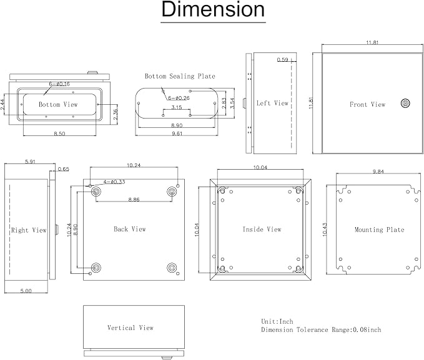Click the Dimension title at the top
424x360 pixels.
coord(213,9)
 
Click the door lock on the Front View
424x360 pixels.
coord(405,103)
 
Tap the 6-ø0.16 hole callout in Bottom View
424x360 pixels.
coord(59,84)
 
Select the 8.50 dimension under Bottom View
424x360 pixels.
coord(59,134)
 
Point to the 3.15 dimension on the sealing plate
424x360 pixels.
coord(177,107)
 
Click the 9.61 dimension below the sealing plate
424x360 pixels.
coord(177,134)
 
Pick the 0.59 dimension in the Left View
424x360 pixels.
coord(283,59)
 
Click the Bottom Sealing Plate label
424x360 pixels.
coord(180,76)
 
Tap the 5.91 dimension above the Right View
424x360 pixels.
coord(30,162)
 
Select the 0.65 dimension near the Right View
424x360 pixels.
coord(64,169)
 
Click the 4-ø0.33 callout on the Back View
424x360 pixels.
coord(114,182)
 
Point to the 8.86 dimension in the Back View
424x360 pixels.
coord(134,200)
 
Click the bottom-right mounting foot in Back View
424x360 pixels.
coord(172,268)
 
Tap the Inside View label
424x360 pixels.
coord(262,230)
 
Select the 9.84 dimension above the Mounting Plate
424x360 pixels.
coord(378,172)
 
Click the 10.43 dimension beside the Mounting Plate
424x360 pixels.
coord(325,230)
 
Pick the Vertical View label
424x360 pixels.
coord(131,328)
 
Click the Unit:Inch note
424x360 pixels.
coord(277,321)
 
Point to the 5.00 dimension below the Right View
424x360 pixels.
coord(26,291)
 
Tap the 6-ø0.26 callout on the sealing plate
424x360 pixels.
coord(179,98)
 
